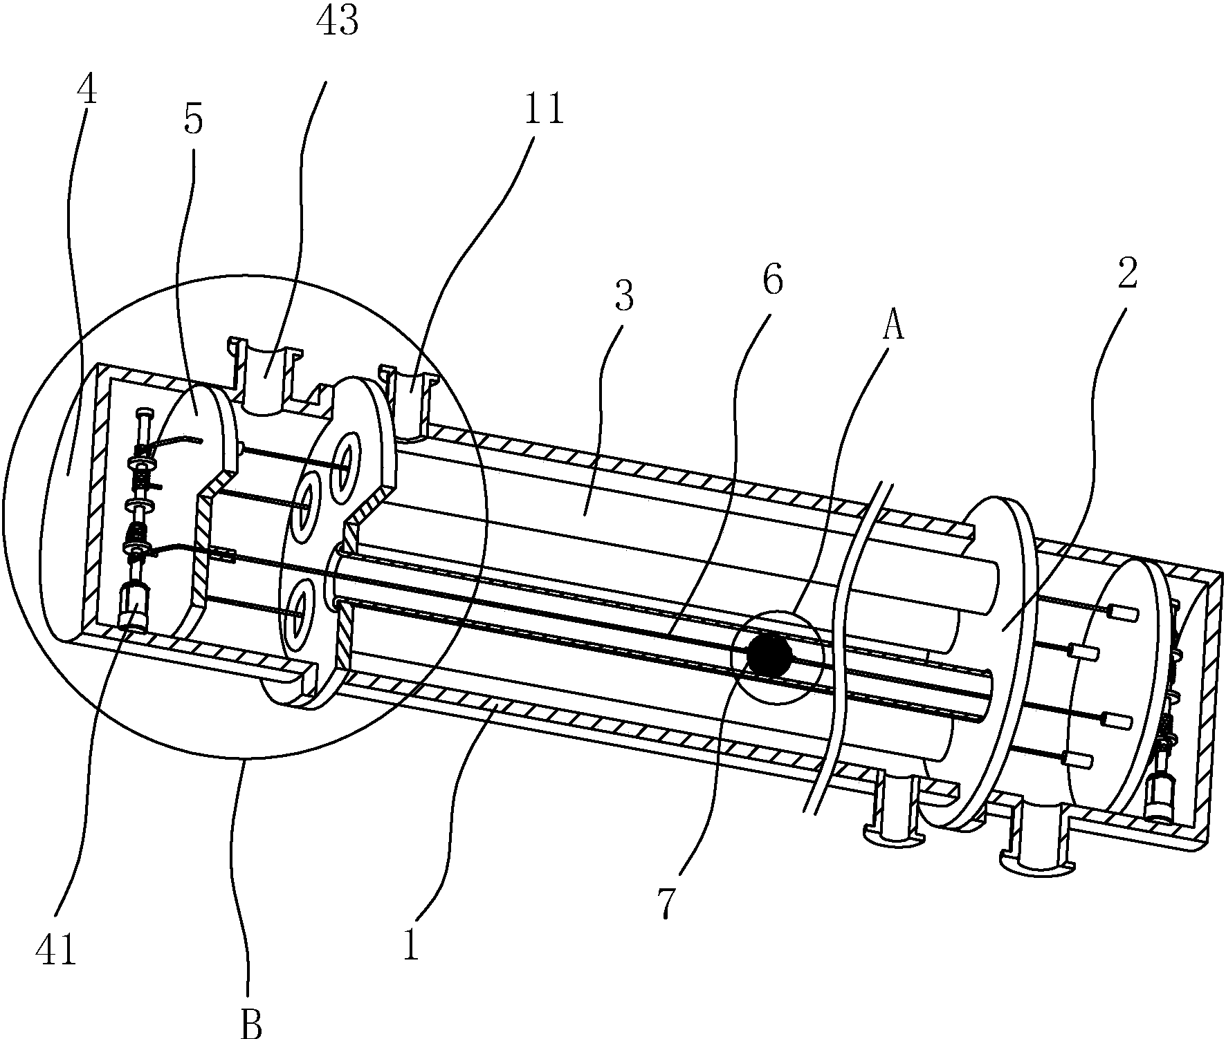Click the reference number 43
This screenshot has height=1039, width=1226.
[x=338, y=22]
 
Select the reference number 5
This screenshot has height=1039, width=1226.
[x=194, y=120]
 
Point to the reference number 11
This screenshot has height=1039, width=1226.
[x=543, y=111]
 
